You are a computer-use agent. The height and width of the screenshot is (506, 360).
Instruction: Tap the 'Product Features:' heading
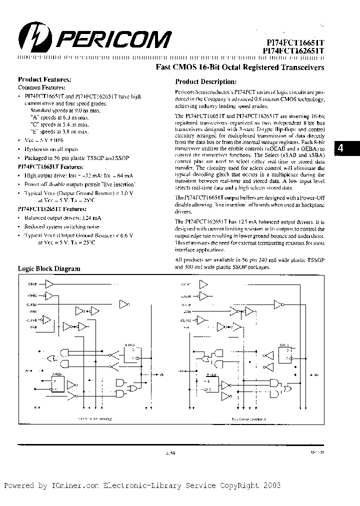(x=44, y=79)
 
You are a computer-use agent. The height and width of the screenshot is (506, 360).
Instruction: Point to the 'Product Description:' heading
(x=206, y=81)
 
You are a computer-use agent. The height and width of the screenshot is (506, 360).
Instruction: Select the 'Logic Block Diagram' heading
(x=49, y=268)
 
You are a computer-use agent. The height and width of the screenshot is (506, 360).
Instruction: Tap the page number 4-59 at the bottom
(x=170, y=453)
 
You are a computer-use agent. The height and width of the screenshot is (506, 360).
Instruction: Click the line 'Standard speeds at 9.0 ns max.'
(x=62, y=110)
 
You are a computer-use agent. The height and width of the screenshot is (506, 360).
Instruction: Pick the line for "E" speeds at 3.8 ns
(x=59, y=131)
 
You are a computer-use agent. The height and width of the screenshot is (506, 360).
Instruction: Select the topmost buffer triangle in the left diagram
(x=49, y=284)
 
